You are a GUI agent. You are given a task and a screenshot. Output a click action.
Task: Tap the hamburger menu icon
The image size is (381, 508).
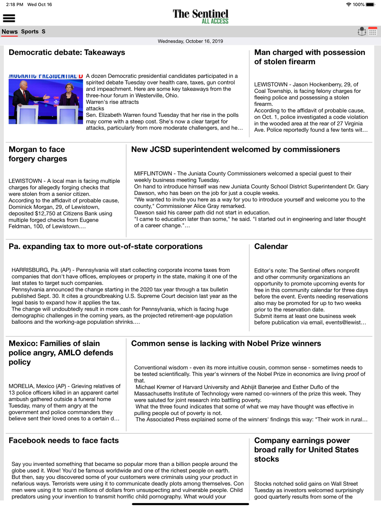9,18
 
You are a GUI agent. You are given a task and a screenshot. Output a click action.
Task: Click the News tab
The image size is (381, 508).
10,32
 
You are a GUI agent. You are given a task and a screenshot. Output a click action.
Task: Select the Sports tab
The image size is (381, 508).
30,32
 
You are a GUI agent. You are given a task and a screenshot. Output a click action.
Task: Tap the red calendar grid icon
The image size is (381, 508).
373,32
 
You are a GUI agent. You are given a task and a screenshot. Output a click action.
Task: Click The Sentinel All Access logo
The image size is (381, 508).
200,16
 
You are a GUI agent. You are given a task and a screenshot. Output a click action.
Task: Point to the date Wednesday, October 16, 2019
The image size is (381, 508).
190,41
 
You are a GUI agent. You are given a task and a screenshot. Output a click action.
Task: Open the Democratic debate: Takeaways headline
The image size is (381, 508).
67,53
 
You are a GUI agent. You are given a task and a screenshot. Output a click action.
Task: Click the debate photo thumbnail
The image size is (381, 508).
46,99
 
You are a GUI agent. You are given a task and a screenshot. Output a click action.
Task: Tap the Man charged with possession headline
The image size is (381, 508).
309,57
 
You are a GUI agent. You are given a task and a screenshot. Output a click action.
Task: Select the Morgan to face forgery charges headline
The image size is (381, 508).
38,154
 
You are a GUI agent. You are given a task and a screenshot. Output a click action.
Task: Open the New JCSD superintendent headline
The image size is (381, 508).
235,150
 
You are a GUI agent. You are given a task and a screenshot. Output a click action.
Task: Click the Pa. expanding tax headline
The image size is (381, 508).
106,246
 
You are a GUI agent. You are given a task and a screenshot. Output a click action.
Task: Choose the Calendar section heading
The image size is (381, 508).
271,246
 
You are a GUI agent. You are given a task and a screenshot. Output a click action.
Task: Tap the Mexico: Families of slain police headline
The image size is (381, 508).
61,353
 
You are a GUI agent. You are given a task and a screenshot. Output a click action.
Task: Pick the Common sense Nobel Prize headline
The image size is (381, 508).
226,343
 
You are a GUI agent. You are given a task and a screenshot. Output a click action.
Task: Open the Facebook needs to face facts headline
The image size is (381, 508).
64,441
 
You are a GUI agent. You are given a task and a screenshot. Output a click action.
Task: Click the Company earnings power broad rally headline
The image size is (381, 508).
306,450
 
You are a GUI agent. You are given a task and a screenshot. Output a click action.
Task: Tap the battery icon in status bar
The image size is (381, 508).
370,5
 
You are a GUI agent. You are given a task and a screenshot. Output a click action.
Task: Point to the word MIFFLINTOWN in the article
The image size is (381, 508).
153,174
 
